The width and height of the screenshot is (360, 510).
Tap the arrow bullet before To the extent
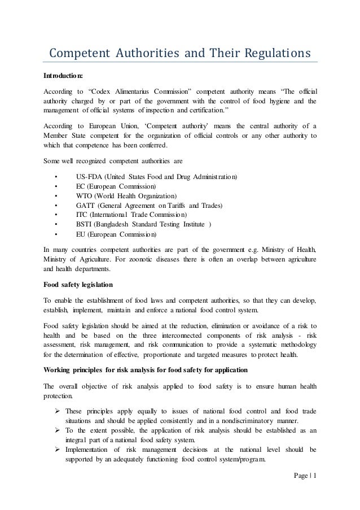[x=57, y=429]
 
